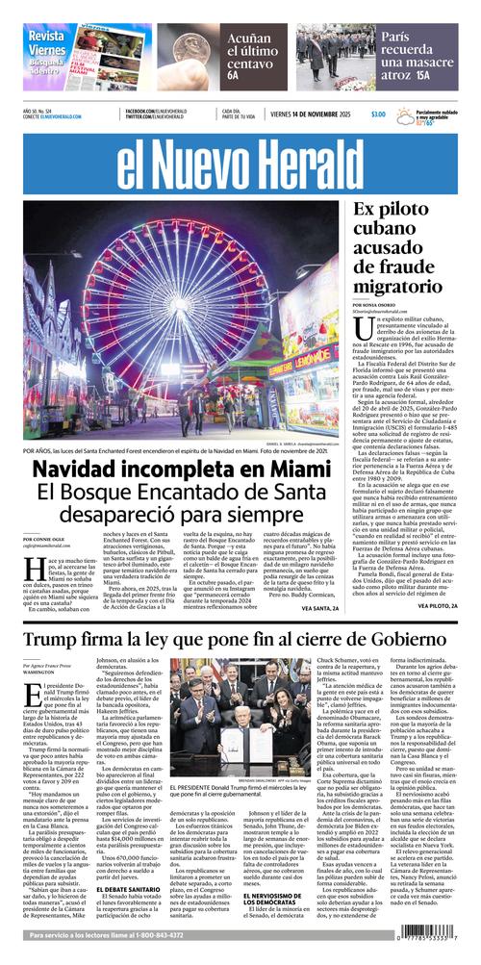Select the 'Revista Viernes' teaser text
(x=47, y=42)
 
